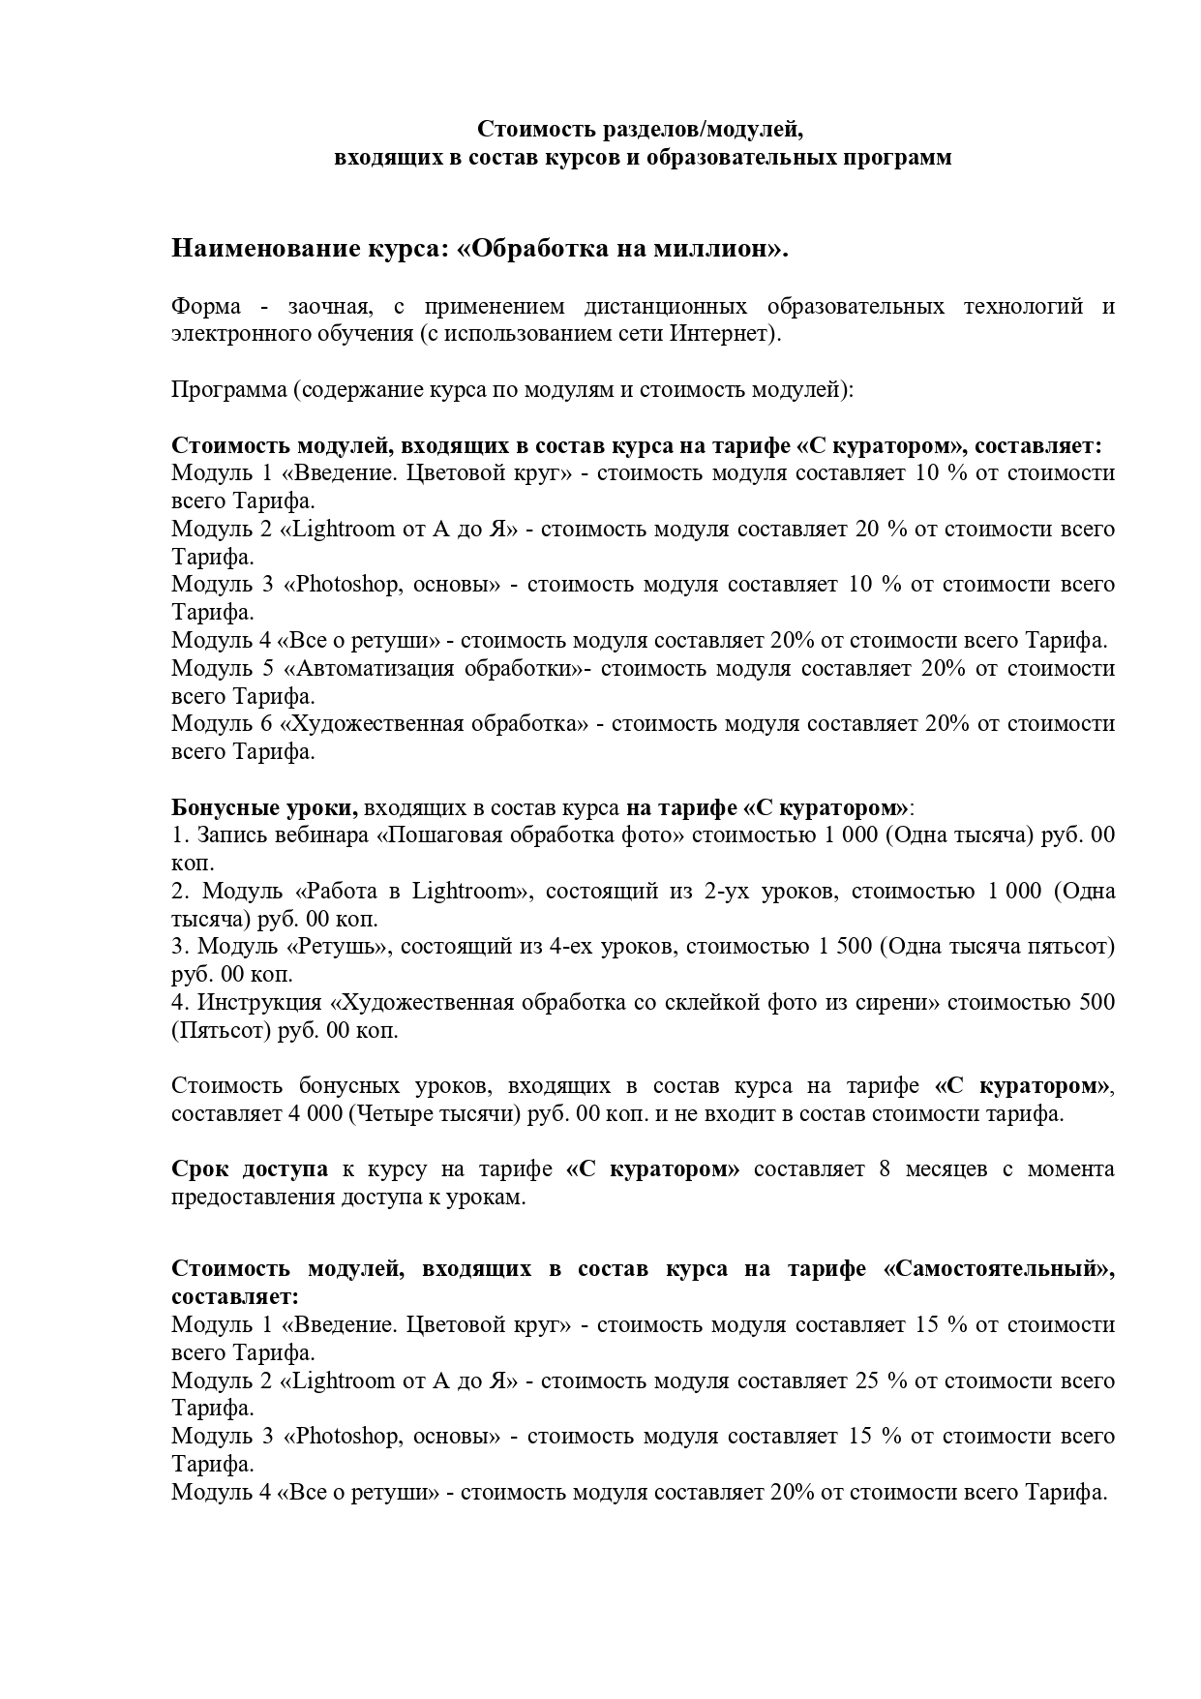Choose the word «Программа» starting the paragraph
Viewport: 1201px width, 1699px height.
point(227,390)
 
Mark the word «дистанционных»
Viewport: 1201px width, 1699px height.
point(666,307)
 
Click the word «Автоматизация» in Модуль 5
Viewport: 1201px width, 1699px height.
point(372,668)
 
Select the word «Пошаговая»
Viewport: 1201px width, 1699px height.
point(442,834)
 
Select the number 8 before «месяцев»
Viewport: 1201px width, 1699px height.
point(885,1168)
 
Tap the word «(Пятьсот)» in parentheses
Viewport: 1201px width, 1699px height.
point(221,1030)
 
